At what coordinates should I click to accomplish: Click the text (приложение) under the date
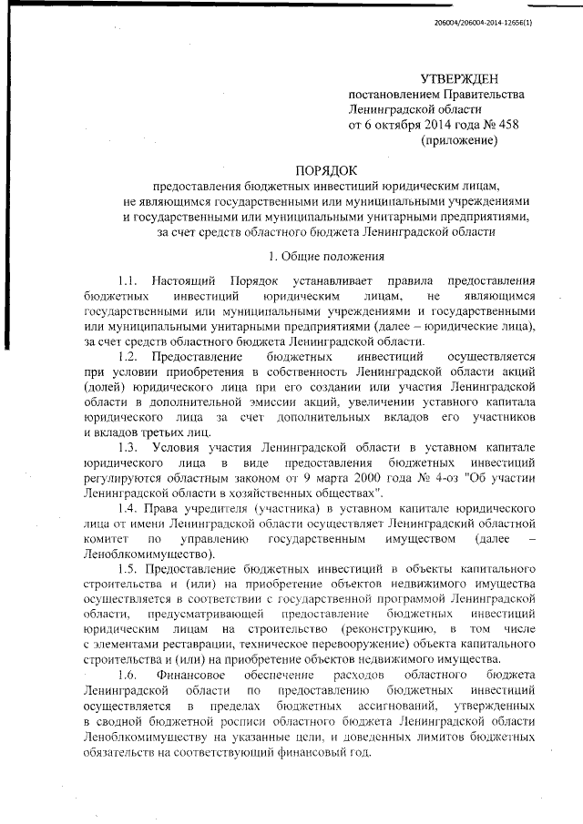click(x=458, y=141)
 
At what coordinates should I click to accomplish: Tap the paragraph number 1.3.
click(x=129, y=447)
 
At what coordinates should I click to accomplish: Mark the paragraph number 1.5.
click(x=129, y=567)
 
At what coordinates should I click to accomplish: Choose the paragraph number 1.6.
click(x=129, y=675)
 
